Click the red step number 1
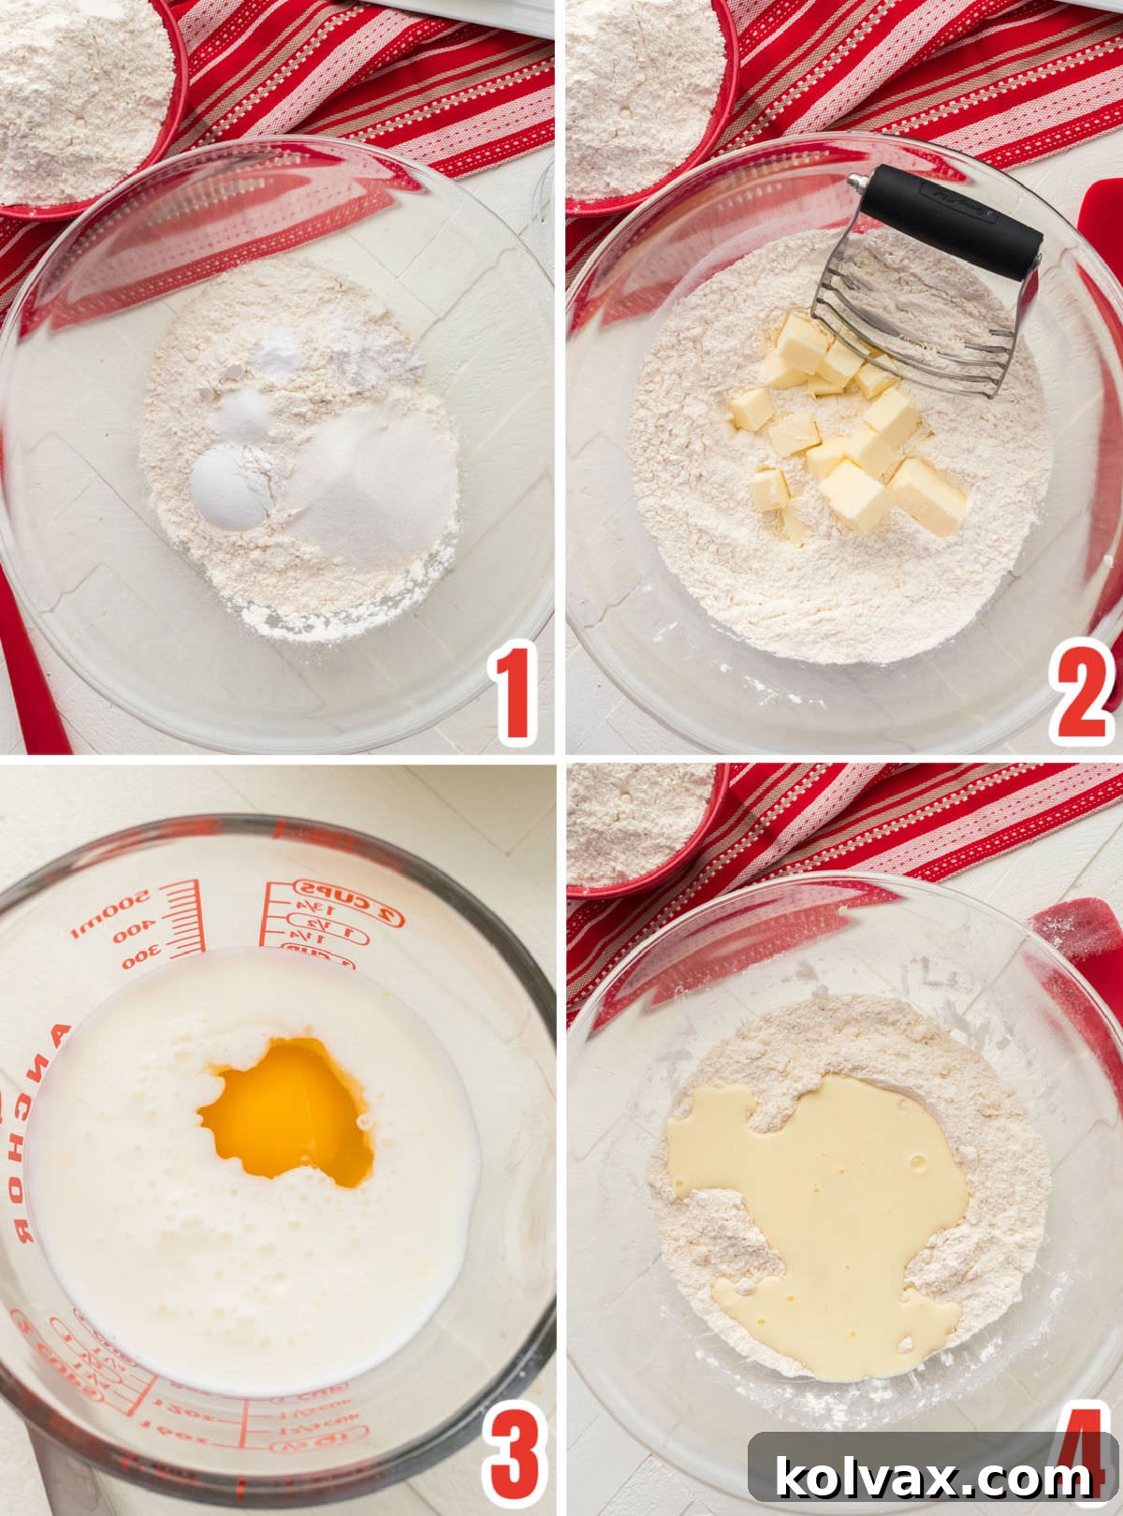pyautogui.click(x=515, y=692)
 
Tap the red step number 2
pyautogui.click(x=1081, y=692)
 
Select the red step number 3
pyautogui.click(x=515, y=1455)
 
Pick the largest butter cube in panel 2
pyautogui.click(x=926, y=496)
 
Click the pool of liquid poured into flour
pyautogui.click(x=824, y=1207)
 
